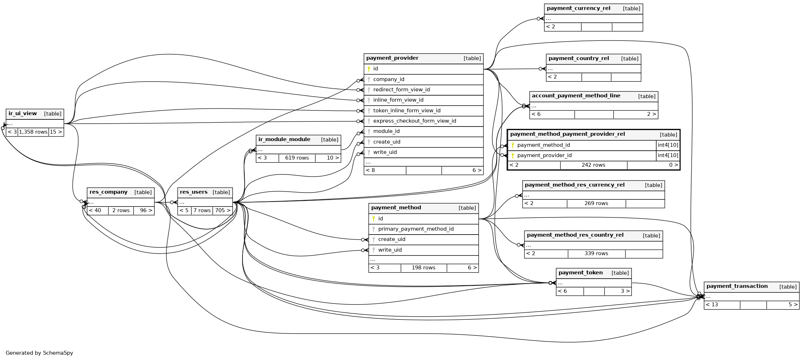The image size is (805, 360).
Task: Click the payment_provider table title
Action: click(x=392, y=58)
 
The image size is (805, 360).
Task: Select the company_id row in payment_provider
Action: click(x=388, y=79)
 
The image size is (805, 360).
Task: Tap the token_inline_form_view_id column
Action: click(x=406, y=111)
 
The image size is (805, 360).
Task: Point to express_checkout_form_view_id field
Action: click(x=414, y=121)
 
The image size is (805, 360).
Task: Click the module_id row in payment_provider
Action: click(x=386, y=131)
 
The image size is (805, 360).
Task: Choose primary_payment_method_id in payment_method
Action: click(x=416, y=229)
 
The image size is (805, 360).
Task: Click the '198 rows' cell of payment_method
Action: click(x=423, y=268)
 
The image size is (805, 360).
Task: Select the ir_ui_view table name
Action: click(x=22, y=114)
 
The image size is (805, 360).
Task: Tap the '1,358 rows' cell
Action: click(x=33, y=132)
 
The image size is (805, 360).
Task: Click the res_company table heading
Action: click(x=108, y=192)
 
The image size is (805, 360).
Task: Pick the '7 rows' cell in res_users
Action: click(x=202, y=210)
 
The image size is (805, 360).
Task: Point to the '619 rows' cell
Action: click(x=297, y=158)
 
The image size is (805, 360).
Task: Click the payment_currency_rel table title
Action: click(x=578, y=9)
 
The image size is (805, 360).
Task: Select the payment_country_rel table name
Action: click(x=579, y=59)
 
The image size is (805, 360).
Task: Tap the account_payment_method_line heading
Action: click(x=576, y=96)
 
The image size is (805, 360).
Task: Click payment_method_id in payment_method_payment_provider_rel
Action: click(x=543, y=145)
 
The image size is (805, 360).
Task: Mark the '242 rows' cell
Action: click(x=593, y=165)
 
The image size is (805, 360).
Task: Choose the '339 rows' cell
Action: click(x=596, y=253)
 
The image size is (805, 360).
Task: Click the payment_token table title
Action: click(x=580, y=273)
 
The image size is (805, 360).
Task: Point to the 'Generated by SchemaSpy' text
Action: click(x=39, y=353)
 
